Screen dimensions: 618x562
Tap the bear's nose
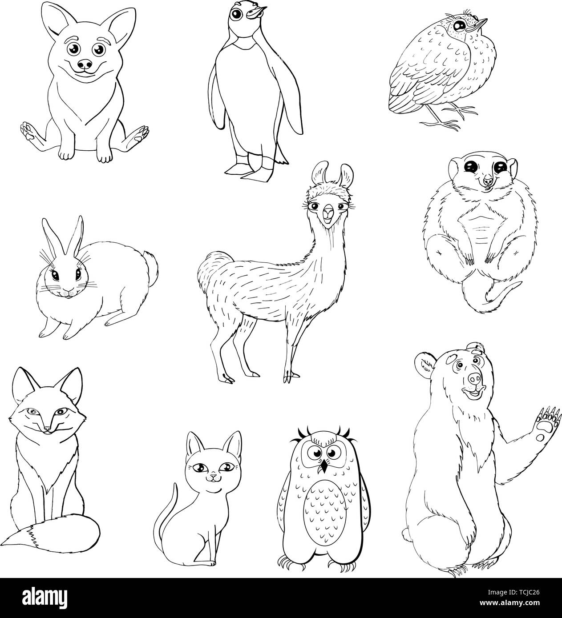click(x=475, y=378)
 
